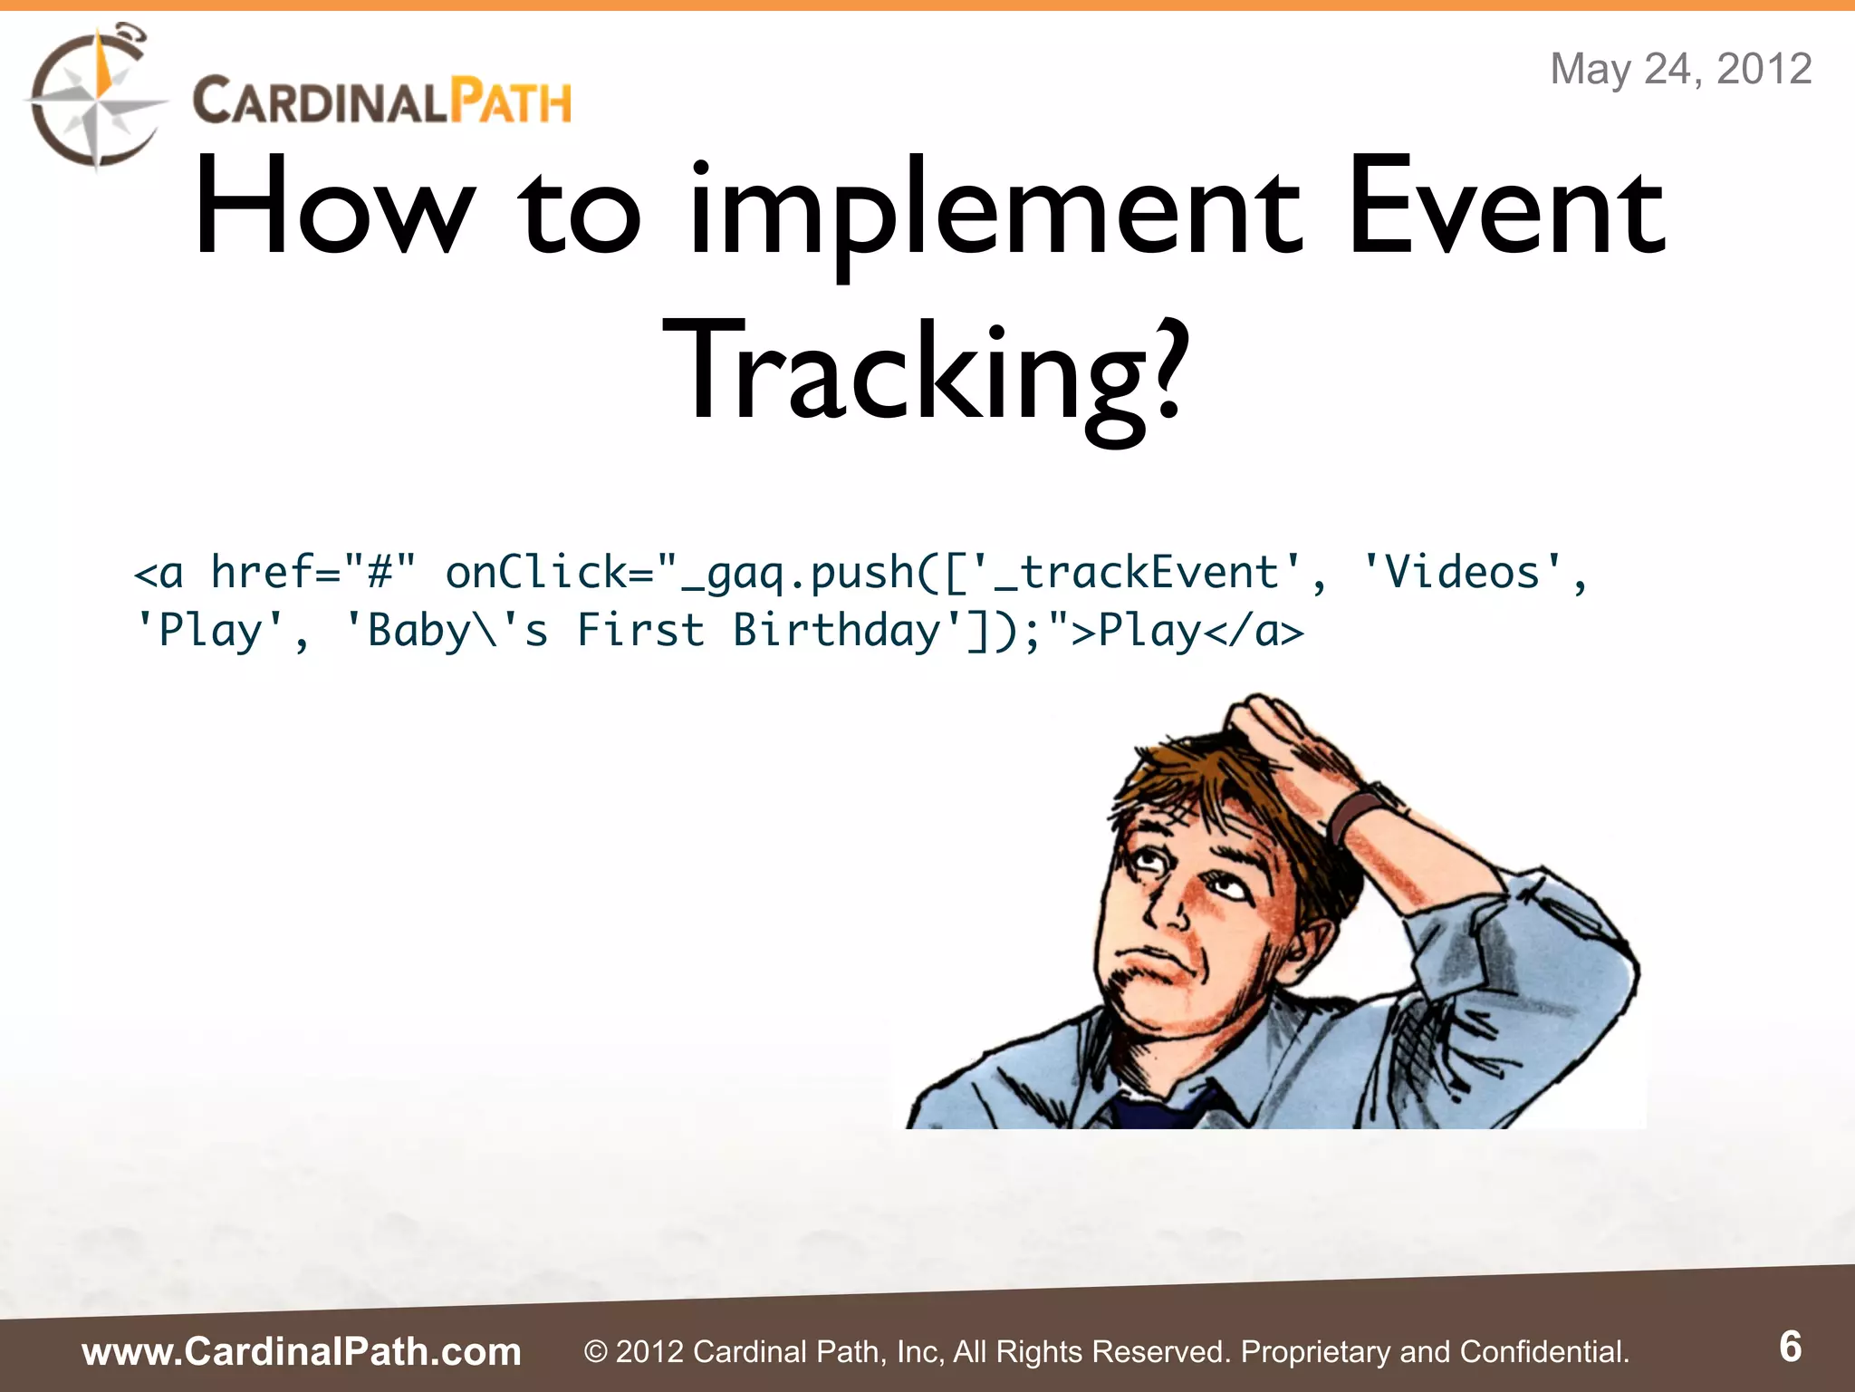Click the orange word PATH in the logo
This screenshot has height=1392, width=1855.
pos(512,101)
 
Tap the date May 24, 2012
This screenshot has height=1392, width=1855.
pos(1680,69)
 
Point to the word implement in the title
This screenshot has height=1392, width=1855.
pos(996,210)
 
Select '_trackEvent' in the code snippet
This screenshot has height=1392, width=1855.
pos(1136,574)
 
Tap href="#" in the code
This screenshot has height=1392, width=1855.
pos(313,574)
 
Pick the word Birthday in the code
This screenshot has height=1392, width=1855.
pos(837,631)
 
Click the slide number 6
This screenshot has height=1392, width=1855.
pos(1790,1347)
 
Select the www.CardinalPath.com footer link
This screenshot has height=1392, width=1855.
pos(302,1351)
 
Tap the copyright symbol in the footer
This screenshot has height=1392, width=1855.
pos(595,1352)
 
